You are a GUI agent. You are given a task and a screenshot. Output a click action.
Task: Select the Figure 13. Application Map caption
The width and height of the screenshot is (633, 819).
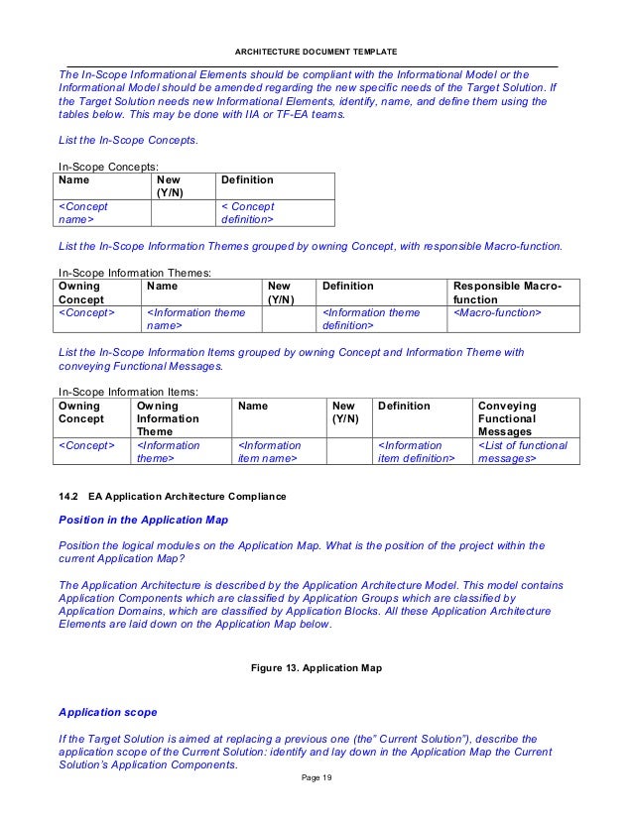point(316,667)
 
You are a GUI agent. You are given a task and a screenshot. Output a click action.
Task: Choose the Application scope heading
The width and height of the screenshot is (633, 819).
point(107,712)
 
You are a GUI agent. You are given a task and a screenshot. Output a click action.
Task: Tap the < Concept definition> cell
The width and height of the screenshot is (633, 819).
point(247,212)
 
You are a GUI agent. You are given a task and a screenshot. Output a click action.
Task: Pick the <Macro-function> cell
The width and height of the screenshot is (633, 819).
point(497,312)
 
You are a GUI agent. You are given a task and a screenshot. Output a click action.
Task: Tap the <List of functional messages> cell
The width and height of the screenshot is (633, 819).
point(522,452)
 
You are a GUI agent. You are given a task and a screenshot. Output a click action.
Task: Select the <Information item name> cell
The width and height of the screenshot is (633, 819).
point(269,452)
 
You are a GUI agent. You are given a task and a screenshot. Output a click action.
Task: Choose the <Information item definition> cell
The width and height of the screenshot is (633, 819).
point(415,452)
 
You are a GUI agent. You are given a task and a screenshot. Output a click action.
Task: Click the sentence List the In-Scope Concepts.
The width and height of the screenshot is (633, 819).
point(129,140)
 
